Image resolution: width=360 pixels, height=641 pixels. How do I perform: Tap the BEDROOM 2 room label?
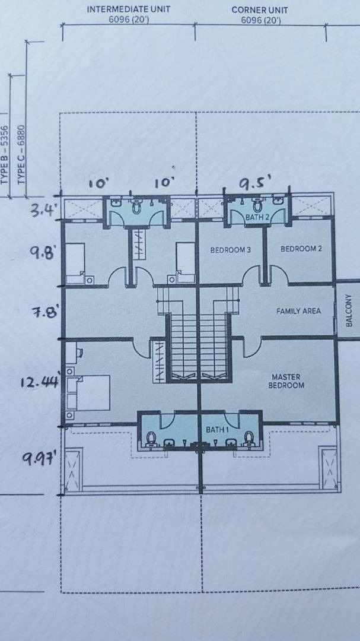click(x=298, y=249)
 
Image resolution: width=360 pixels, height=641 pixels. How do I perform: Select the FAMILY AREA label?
click(x=298, y=311)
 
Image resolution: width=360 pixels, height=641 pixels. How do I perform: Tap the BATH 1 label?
click(x=215, y=430)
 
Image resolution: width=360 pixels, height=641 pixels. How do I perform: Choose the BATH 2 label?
click(x=257, y=218)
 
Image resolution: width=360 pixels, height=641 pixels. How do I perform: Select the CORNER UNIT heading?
click(x=260, y=9)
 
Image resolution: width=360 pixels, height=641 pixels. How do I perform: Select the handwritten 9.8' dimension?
click(x=43, y=253)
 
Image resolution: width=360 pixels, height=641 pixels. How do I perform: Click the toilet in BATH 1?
click(x=249, y=438)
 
